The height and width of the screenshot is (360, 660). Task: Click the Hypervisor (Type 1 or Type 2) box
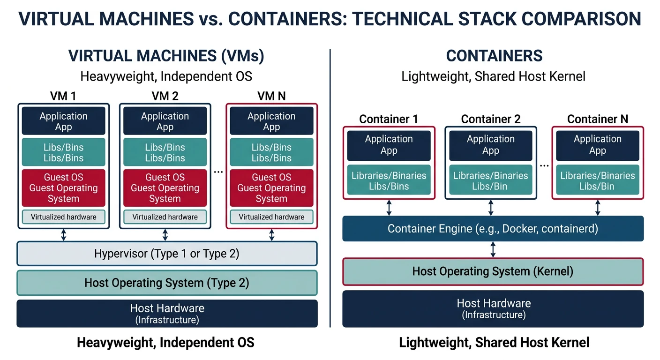click(x=167, y=254)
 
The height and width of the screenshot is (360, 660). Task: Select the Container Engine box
click(x=493, y=229)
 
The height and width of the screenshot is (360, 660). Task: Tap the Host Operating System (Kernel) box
click(x=493, y=271)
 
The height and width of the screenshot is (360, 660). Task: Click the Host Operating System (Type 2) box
click(x=167, y=283)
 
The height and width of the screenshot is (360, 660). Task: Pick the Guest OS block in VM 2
click(x=165, y=188)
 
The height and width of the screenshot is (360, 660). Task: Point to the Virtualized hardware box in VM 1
click(x=63, y=217)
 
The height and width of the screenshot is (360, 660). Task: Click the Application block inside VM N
click(x=271, y=121)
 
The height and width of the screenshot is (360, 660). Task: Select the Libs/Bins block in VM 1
click(x=63, y=152)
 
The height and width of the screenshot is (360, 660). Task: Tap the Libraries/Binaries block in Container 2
click(x=491, y=181)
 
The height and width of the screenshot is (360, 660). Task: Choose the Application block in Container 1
click(x=389, y=145)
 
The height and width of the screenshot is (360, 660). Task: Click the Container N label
click(x=597, y=119)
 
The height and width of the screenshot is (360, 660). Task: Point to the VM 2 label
click(x=165, y=96)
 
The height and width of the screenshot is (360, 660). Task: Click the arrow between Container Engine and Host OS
click(x=493, y=249)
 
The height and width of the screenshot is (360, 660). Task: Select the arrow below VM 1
click(x=63, y=235)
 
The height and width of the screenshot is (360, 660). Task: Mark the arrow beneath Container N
click(x=598, y=208)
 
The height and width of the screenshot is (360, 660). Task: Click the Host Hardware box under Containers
click(x=493, y=308)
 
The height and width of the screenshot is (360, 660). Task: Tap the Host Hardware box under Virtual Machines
click(x=167, y=313)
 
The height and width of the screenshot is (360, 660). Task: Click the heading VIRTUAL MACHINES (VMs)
click(x=166, y=56)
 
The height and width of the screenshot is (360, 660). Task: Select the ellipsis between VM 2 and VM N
click(x=218, y=172)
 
